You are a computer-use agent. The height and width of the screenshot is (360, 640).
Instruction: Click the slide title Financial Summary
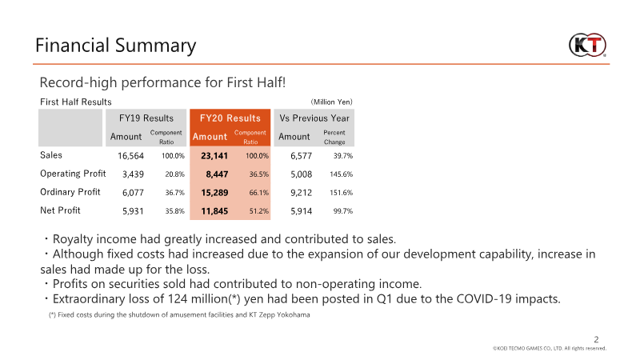(x=116, y=45)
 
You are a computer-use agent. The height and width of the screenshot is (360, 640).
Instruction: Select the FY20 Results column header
(x=230, y=118)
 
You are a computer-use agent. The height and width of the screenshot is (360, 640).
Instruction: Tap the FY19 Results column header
(x=146, y=118)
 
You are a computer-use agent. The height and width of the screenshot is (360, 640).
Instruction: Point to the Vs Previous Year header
(x=314, y=118)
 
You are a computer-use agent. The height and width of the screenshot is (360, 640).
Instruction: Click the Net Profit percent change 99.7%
(x=339, y=211)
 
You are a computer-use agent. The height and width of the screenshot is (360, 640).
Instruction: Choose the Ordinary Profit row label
(x=70, y=192)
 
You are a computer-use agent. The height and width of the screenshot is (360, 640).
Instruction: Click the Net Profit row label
(x=62, y=210)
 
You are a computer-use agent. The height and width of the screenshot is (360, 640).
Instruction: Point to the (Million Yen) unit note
(x=331, y=102)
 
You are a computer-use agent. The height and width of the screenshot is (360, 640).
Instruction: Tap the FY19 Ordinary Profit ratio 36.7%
(x=173, y=193)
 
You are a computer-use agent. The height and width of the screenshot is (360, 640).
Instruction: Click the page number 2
(x=595, y=338)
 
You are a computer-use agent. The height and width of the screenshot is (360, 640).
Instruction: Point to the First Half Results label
(x=76, y=102)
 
